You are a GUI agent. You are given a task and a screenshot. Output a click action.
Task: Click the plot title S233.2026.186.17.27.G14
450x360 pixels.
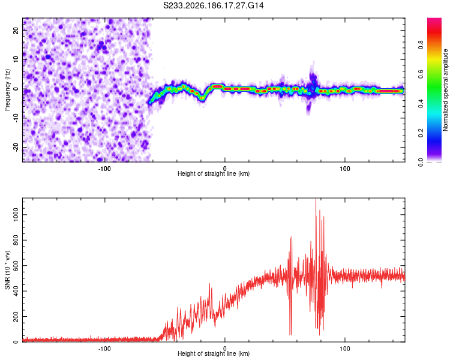pos(213,5)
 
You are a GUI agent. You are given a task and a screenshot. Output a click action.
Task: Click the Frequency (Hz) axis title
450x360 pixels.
pos(7,90)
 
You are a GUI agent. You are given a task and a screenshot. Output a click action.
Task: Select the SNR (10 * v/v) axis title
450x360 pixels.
pos(7,270)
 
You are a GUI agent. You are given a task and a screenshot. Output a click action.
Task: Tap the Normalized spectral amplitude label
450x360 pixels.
pos(445,90)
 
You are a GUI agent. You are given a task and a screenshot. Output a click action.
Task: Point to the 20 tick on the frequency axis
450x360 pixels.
pos(16,30)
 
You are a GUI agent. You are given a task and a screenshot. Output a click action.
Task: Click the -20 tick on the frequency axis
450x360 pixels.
pos(16,147)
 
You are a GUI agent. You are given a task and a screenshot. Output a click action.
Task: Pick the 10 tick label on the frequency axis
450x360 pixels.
pos(16,59)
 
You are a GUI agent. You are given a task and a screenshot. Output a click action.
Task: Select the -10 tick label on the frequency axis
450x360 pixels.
pos(16,118)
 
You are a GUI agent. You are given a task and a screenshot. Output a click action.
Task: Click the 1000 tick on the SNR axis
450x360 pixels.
pos(16,215)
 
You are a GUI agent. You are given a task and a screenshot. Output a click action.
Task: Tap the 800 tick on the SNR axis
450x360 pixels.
pos(16,240)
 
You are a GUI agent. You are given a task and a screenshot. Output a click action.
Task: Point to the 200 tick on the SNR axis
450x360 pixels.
pos(16,316)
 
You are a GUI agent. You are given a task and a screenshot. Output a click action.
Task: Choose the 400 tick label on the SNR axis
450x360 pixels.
pos(16,291)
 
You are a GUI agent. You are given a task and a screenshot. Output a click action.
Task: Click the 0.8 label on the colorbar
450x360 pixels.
pos(421,45)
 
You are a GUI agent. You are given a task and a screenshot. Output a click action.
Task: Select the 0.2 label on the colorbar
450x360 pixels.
pos(421,133)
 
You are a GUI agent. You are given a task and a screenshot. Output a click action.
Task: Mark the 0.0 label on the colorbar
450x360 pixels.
pos(421,162)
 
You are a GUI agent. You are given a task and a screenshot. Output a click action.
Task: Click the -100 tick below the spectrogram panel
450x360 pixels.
pos(104,169)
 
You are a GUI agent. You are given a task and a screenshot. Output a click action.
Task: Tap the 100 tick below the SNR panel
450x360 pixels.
pos(344,349)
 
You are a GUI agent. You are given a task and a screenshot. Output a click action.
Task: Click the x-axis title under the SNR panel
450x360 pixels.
pos(214,353)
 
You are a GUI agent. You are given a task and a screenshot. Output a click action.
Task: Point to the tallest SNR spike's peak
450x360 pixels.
pos(316,199)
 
